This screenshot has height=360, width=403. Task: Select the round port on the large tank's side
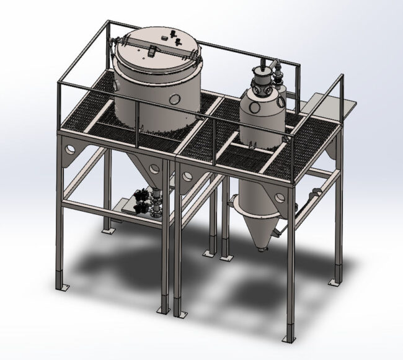(x=179, y=98)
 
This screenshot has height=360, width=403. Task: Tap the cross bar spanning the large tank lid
(x=155, y=48)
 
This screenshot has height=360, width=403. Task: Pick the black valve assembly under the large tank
(x=149, y=202)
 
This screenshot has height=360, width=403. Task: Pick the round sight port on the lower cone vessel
(x=280, y=198)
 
